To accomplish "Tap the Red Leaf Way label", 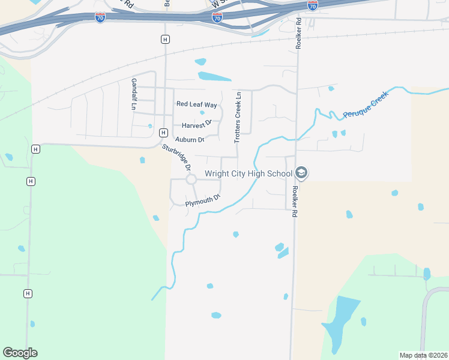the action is coord(196,104).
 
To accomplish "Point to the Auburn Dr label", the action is coord(190,139).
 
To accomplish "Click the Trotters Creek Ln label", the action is coord(238,116).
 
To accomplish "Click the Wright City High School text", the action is coord(248,174).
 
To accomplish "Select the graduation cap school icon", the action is coord(301,174).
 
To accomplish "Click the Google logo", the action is coord(20,353).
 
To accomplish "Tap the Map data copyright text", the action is coord(423,355).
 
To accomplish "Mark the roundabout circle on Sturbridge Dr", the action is coord(191,179).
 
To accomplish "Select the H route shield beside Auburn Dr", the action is coord(163,133).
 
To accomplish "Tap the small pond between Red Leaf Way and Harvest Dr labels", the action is coord(202,113).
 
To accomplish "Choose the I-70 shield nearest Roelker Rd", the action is coord(312,5).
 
